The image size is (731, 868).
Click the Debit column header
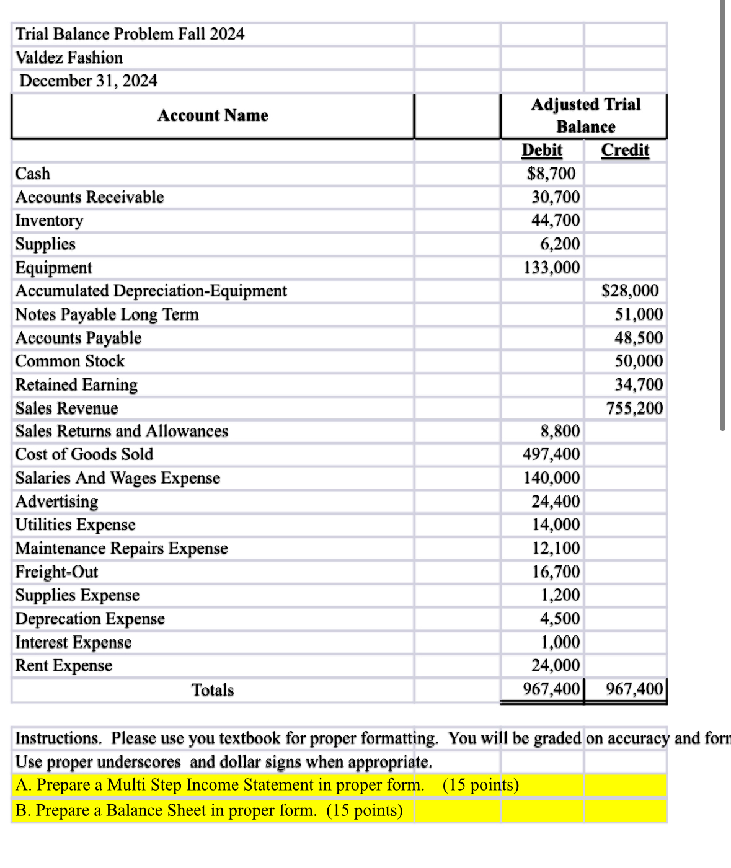pyautogui.click(x=542, y=150)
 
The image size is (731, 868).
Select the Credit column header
pyautogui.click(x=625, y=150)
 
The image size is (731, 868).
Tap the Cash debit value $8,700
pyautogui.click(x=551, y=174)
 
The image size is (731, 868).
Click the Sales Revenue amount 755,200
pyautogui.click(x=634, y=408)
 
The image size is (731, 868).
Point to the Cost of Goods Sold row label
pyautogui.click(x=84, y=454)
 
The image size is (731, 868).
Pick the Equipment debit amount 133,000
pyautogui.click(x=552, y=267)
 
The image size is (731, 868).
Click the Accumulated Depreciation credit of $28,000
pyautogui.click(x=630, y=291)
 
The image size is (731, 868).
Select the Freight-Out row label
pyautogui.click(x=56, y=572)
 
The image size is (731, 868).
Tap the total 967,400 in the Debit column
pyautogui.click(x=551, y=689)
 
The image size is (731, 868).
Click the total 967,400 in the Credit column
pyautogui.click(x=634, y=689)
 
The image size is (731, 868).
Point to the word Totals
pyautogui.click(x=213, y=690)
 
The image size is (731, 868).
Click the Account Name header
pyautogui.click(x=213, y=116)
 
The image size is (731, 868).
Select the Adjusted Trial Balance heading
pyautogui.click(x=585, y=115)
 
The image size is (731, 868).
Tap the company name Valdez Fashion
pyautogui.click(x=69, y=58)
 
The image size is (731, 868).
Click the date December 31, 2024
pyautogui.click(x=88, y=81)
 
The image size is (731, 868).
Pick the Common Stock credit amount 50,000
pyautogui.click(x=639, y=361)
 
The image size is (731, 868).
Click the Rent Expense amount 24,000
pyautogui.click(x=556, y=665)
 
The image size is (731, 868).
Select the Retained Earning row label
pyautogui.click(x=76, y=384)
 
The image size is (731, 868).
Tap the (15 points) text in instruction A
pyautogui.click(x=481, y=785)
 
